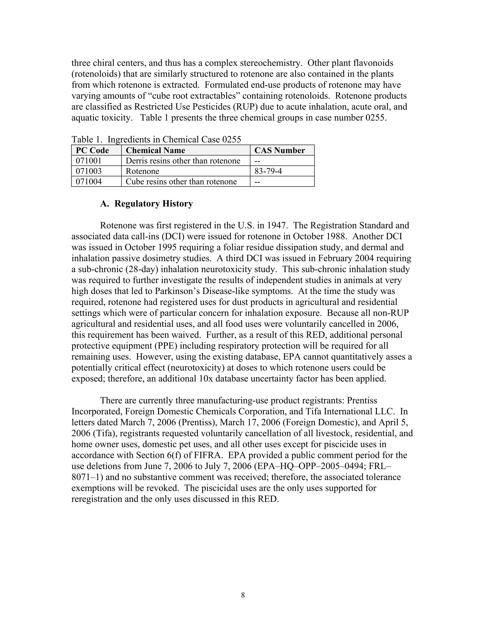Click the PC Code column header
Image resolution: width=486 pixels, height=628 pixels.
pos(92,150)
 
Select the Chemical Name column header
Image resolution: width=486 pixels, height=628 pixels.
pos(155,150)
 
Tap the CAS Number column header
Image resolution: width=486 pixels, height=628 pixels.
pos(279,150)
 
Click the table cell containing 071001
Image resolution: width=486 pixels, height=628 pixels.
pos(89,161)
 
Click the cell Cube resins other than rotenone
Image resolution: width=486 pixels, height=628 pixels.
pos(181,182)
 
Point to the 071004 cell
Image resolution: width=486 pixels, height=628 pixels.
pos(89,182)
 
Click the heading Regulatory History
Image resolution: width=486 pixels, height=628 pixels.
pos(154,204)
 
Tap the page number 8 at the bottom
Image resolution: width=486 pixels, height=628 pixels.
pos(243,595)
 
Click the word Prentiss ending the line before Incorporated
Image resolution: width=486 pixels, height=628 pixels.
pos(362,400)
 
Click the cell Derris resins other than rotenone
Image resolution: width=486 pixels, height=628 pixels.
pos(183,161)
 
